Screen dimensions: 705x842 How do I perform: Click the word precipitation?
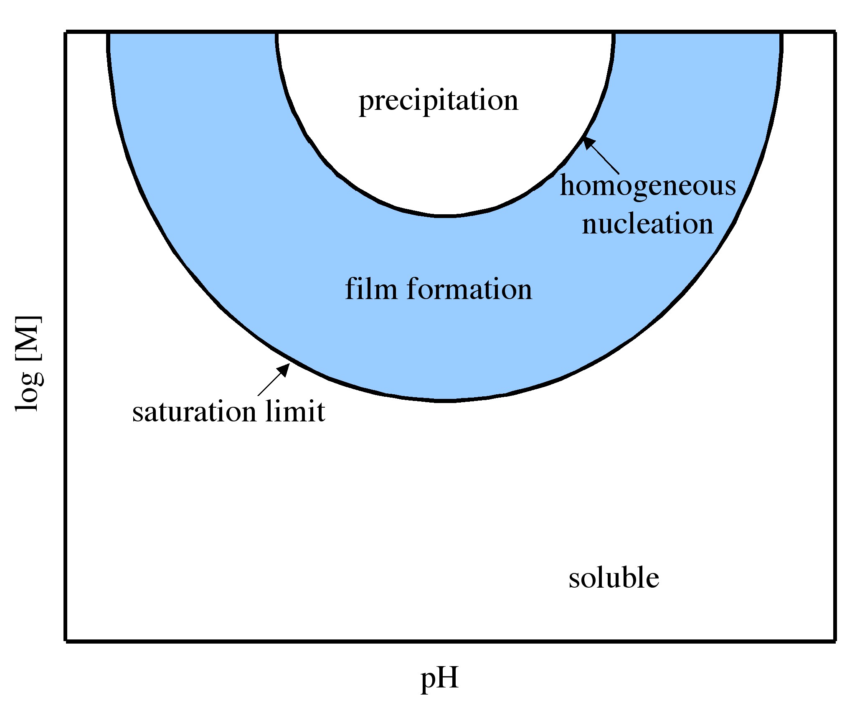439,101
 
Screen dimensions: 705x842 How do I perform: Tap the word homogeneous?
648,186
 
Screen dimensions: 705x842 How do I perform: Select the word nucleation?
648,224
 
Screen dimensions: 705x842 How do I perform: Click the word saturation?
194,412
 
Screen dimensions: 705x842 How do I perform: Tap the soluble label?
614,578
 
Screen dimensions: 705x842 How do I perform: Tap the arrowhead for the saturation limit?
284,369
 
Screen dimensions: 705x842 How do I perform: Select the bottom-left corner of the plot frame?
66,640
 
